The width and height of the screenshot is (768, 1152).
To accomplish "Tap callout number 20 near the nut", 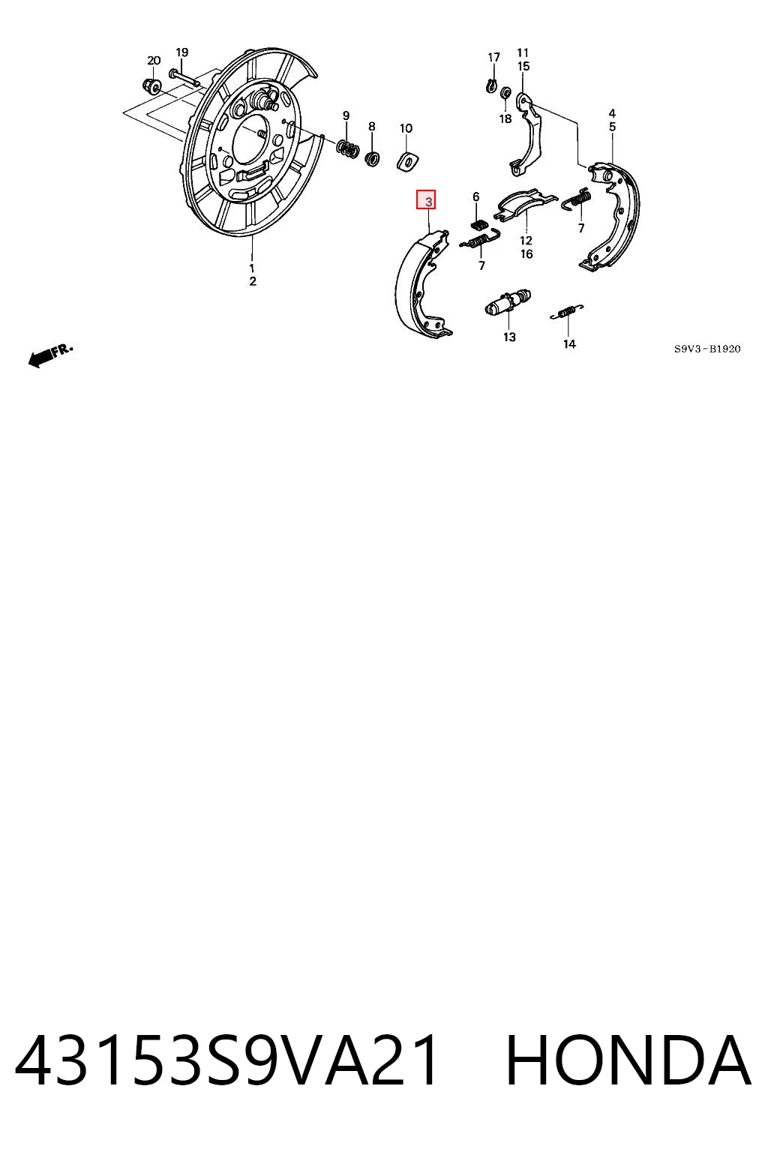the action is tap(154, 61).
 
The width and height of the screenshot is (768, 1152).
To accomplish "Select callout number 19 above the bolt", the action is tap(182, 52).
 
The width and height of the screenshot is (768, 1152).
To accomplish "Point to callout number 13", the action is tap(509, 337).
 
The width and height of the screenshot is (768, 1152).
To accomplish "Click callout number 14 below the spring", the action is tap(569, 344).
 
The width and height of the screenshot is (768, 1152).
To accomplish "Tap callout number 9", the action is tap(346, 115).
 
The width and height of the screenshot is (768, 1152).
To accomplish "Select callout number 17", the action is tap(493, 58).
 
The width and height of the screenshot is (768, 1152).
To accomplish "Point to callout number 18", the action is tap(505, 118).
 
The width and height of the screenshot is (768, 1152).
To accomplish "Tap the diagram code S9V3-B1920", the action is tap(707, 349).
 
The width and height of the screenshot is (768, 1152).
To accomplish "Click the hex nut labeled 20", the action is tap(150, 86).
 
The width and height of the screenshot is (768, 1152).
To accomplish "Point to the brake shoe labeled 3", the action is tap(423, 284).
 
